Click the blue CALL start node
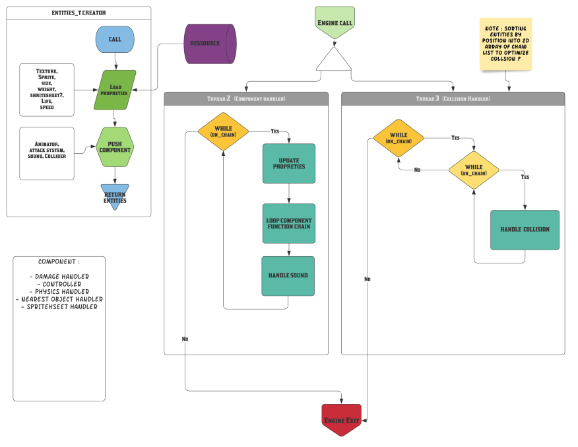(x=115, y=40)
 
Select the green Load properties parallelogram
(x=114, y=90)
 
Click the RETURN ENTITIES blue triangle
(x=115, y=196)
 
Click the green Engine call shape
(x=335, y=21)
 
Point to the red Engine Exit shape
(x=342, y=419)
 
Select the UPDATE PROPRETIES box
(x=288, y=163)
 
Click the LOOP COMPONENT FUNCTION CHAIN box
(x=288, y=223)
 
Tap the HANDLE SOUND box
(x=288, y=275)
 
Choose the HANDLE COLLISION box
(x=525, y=230)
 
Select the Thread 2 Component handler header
(x=246, y=98)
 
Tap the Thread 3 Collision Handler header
(x=453, y=98)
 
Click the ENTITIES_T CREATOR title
(x=79, y=13)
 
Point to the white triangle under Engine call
(x=334, y=59)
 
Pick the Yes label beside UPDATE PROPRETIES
(x=275, y=131)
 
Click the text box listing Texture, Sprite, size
(x=47, y=88)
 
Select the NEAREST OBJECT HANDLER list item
(x=59, y=299)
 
